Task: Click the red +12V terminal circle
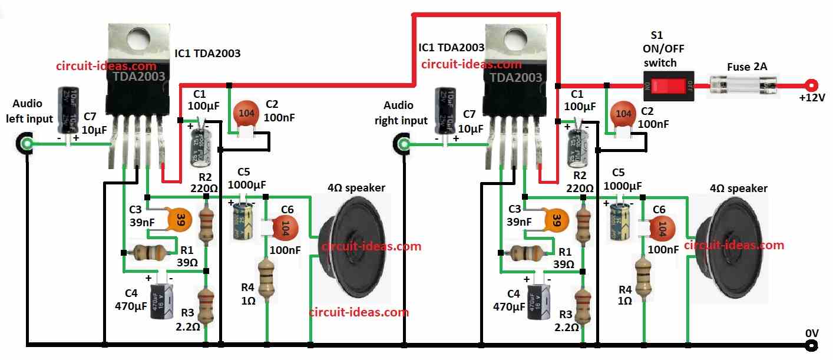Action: coord(811,85)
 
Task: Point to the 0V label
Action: coord(811,333)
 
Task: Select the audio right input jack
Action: coord(404,144)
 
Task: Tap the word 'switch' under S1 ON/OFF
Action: coord(660,62)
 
